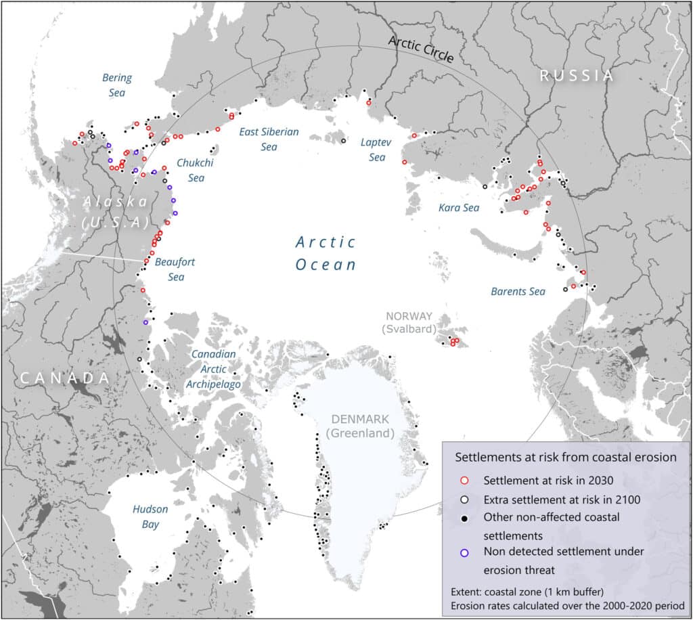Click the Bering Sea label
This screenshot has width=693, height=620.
click(x=116, y=85)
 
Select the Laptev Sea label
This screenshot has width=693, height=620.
click(x=373, y=150)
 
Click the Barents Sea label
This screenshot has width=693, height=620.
click(x=518, y=292)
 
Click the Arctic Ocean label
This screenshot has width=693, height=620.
click(x=326, y=253)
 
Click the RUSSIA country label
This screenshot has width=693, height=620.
click(x=577, y=76)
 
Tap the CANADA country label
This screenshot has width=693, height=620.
click(x=64, y=378)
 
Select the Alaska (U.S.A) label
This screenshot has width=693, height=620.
click(x=114, y=212)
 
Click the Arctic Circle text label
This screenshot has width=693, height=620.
click(x=420, y=49)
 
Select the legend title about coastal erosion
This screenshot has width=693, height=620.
click(x=565, y=457)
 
